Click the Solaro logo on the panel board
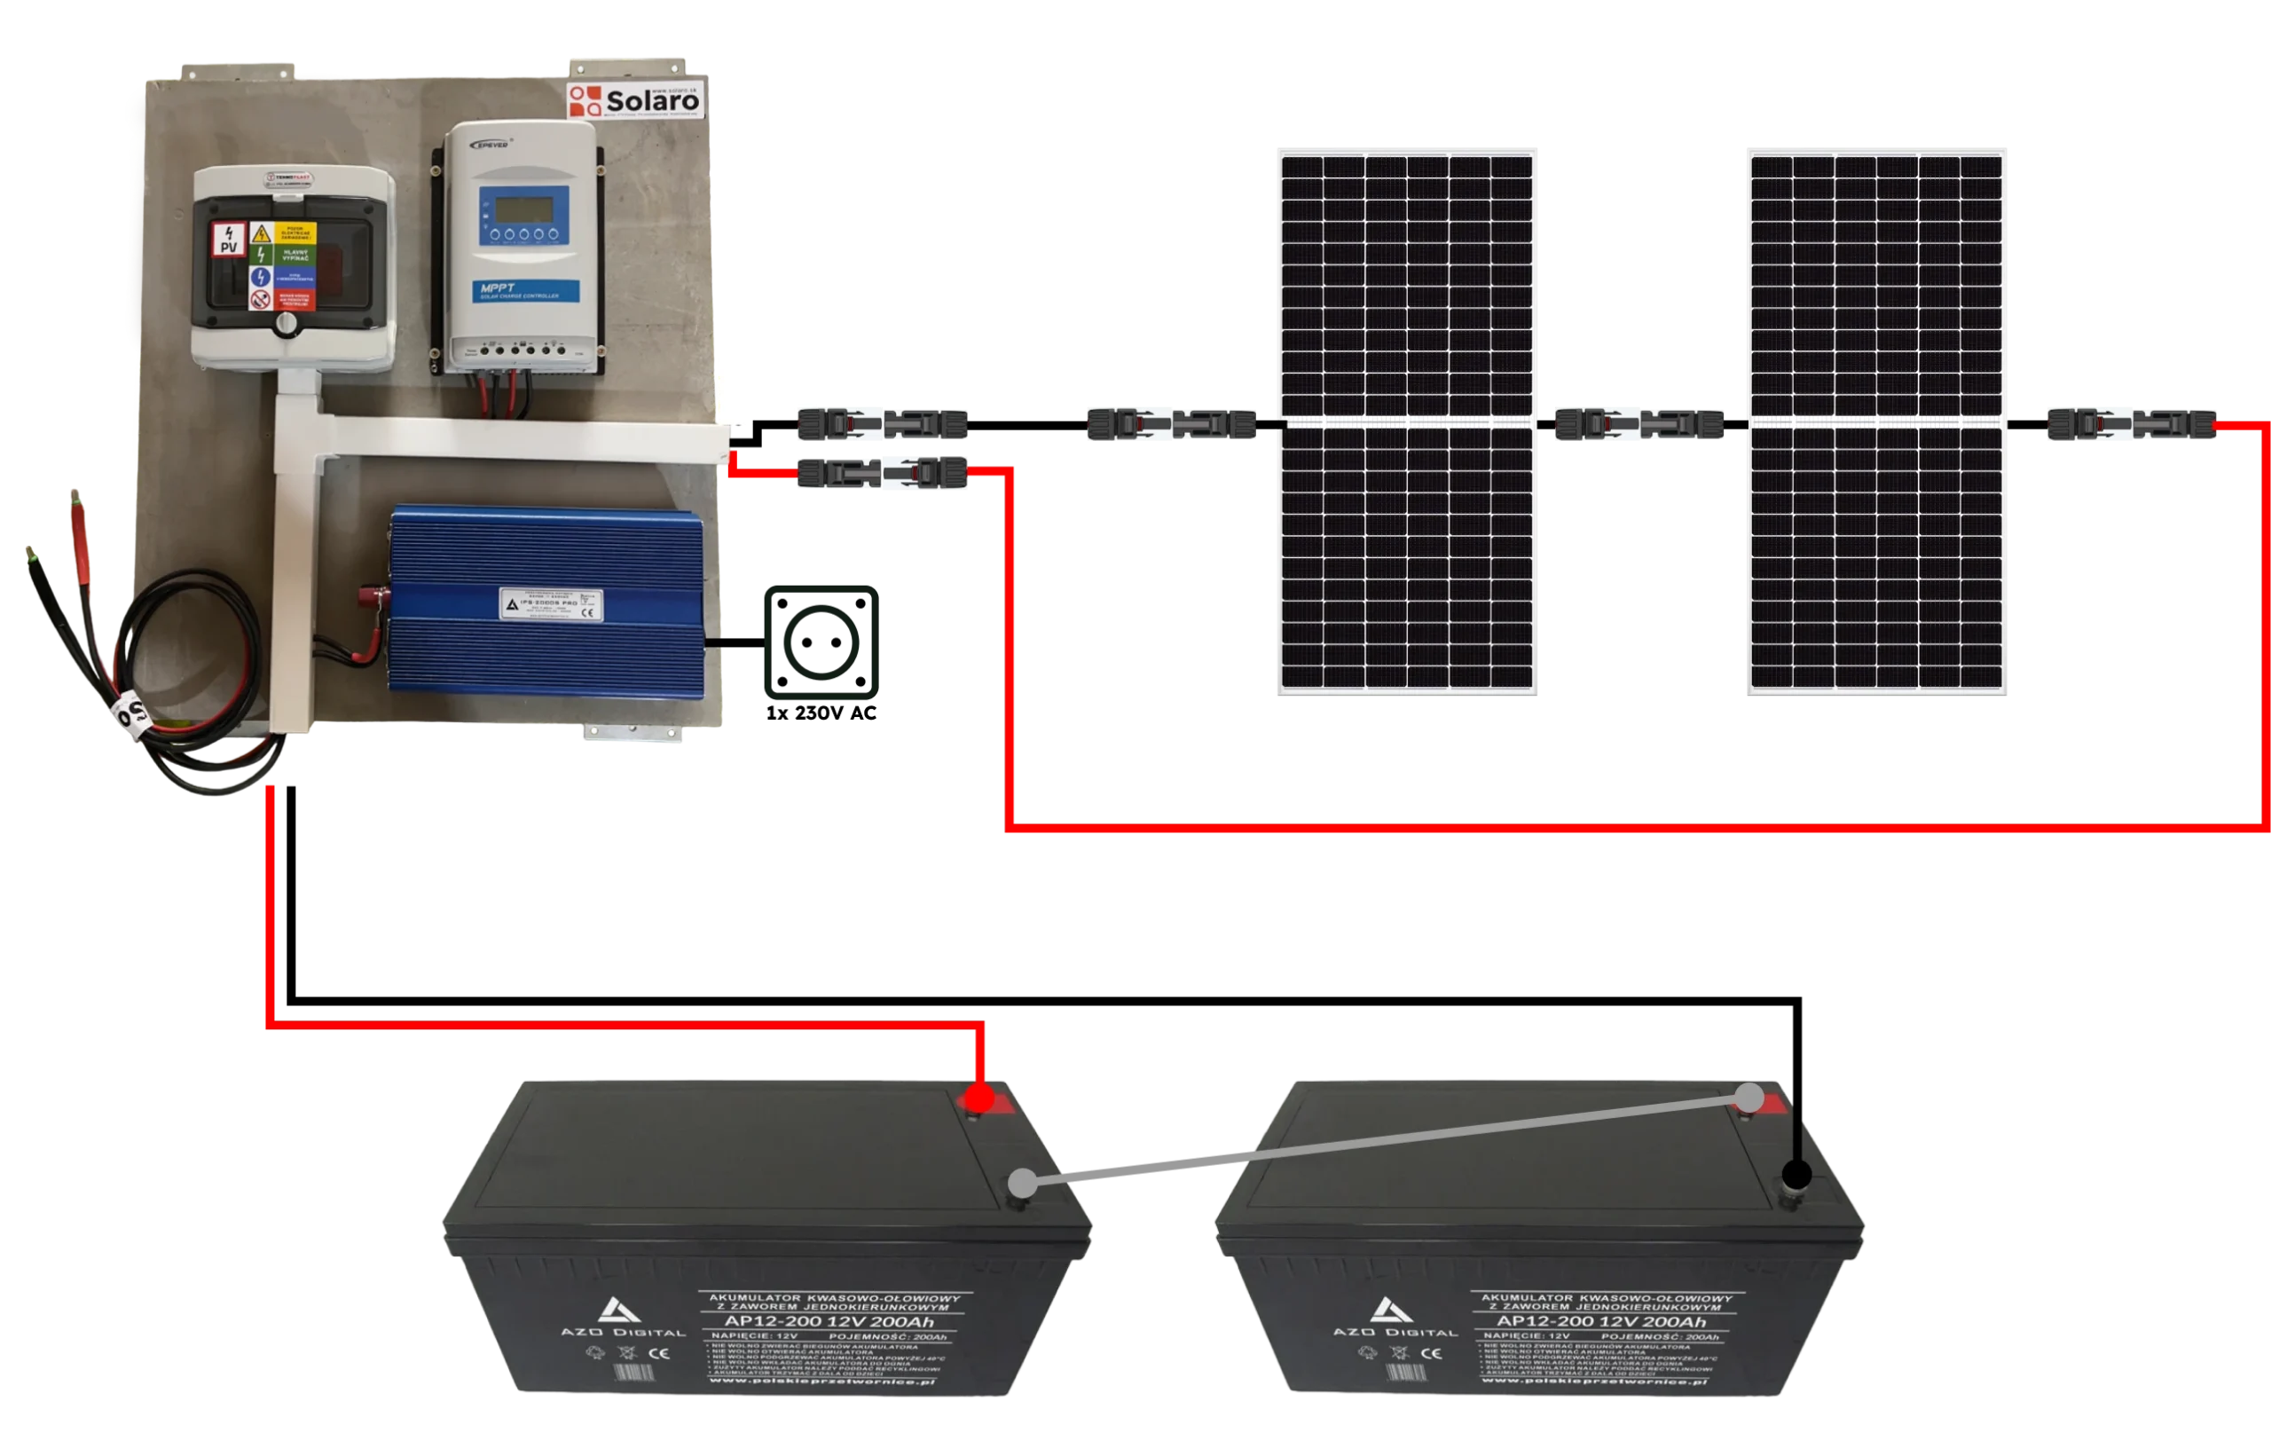tap(634, 100)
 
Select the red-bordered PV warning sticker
tap(229, 240)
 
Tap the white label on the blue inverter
tap(551, 603)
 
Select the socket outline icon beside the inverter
tap(820, 642)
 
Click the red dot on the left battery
tap(980, 1099)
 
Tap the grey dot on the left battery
tap(1021, 1182)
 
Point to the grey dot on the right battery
tap(1749, 1097)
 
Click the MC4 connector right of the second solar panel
tap(2132, 425)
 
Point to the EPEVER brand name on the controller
tap(491, 145)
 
